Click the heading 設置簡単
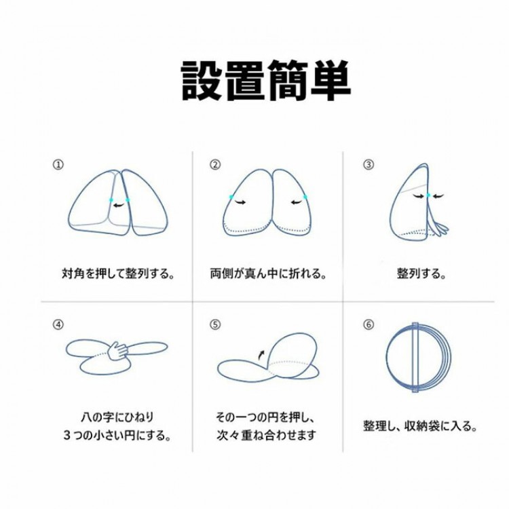tap(266, 81)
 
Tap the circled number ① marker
tap(58, 165)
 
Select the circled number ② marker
tap(215, 165)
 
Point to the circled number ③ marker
tap(368, 165)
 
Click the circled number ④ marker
tap(58, 324)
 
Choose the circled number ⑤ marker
tap(215, 324)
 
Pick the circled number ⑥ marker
tap(368, 324)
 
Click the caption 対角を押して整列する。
tap(118, 274)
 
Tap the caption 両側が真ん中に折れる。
tap(268, 274)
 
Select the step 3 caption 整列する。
tap(421, 274)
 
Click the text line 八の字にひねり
tap(117, 417)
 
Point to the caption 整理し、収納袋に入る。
tap(420, 426)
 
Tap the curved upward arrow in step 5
tap(261, 355)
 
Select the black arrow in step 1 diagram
tap(119, 204)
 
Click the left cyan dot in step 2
tap(231, 197)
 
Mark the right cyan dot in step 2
tap(305, 197)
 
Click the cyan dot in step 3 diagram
tap(428, 195)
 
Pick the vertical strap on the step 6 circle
tap(415, 358)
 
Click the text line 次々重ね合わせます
tap(266, 435)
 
